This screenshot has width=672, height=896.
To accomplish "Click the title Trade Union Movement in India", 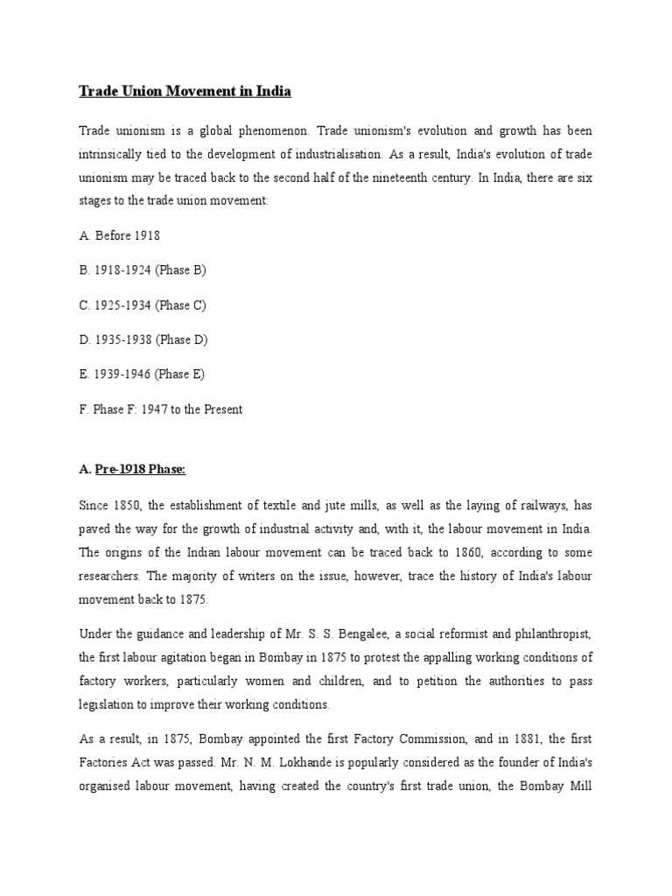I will coord(185,91).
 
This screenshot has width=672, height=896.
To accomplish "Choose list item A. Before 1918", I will coord(119,235).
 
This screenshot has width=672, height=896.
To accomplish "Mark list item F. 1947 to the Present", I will coord(160,409).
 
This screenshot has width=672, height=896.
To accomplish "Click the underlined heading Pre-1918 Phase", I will coord(141,469).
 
